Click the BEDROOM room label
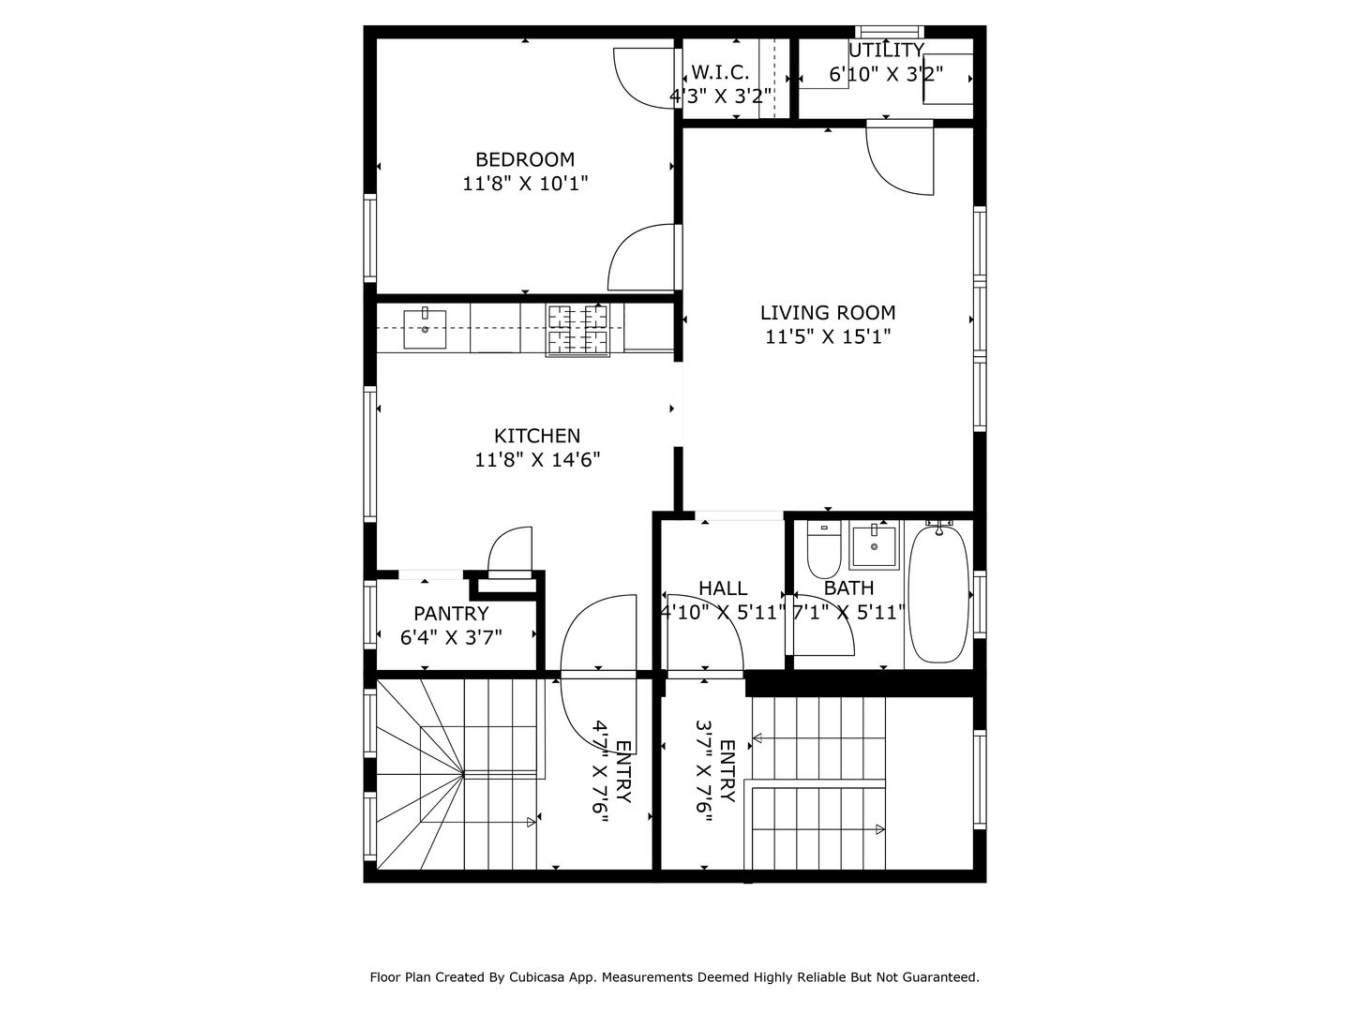pos(525,159)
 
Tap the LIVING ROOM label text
pos(828,313)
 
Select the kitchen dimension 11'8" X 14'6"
pos(537,459)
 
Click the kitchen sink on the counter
pos(425,329)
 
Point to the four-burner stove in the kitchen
pos(577,331)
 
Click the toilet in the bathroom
pos(823,550)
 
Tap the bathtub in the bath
pos(938,593)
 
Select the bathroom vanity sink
pos(874,545)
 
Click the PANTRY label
pos(451,613)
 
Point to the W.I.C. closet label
pos(720,72)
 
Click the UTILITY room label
pos(886,50)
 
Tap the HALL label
pos(723,588)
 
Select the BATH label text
pos(848,588)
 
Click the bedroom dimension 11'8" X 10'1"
pos(525,183)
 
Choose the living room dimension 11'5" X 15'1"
pos(828,336)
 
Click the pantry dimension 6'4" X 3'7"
pos(451,637)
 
